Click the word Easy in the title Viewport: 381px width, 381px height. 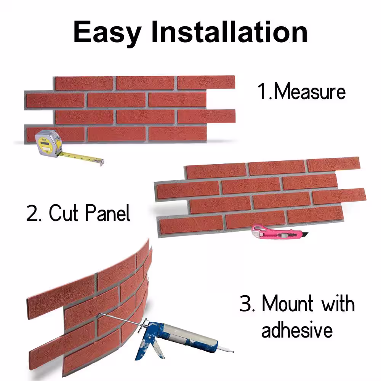[x=107, y=32]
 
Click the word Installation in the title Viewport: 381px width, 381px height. [x=229, y=32]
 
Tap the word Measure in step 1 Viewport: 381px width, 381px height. [x=310, y=91]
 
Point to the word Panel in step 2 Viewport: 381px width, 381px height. [x=108, y=213]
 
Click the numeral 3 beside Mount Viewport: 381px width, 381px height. [x=245, y=303]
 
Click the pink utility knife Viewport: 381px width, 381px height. [x=279, y=232]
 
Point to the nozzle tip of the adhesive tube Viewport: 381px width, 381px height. [x=232, y=351]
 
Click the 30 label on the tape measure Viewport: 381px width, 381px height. [x=44, y=140]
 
